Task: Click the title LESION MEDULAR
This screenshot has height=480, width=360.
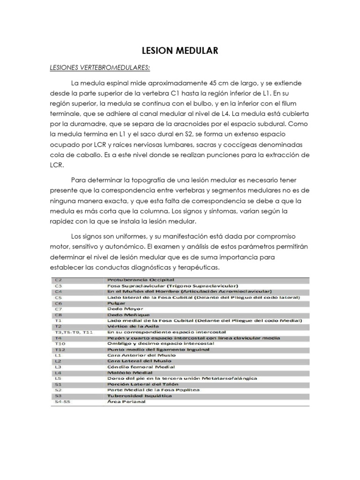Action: [180, 51]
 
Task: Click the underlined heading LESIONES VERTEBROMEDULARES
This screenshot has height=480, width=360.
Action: [99, 67]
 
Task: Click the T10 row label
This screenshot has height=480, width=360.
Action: [60, 344]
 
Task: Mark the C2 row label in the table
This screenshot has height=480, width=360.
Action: [58, 279]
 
